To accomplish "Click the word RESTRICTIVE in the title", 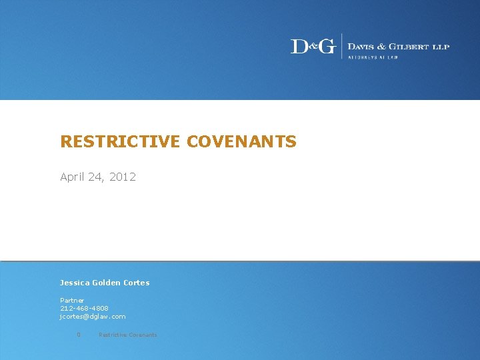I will click(x=120, y=141).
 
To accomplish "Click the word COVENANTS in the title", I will click(x=241, y=141).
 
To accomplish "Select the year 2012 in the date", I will click(x=123, y=177).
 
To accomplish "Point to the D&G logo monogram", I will click(x=313, y=46).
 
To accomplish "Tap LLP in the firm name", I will click(x=441, y=46).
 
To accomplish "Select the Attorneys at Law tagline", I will click(x=373, y=57).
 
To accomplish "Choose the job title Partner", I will click(x=72, y=301).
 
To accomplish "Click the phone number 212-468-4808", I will click(x=84, y=309).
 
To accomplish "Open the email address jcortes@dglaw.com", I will click(x=93, y=317).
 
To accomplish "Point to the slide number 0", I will click(x=79, y=335).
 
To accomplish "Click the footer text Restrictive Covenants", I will click(x=128, y=335).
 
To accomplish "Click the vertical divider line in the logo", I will click(x=342, y=46).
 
